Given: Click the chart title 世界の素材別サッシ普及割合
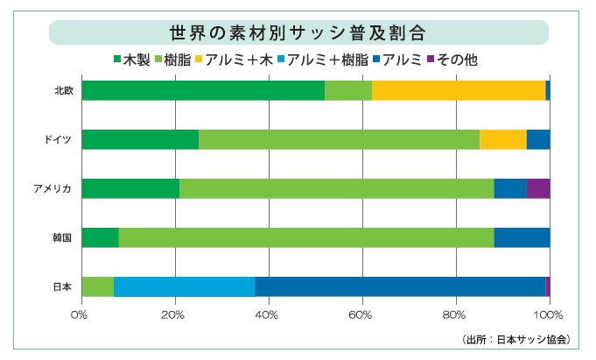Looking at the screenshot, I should (x=298, y=33).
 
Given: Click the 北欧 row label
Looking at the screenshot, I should (x=62, y=91).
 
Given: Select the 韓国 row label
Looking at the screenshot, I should (x=62, y=237).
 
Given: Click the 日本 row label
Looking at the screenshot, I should (x=62, y=286).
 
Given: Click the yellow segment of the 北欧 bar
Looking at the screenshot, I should (x=459, y=90).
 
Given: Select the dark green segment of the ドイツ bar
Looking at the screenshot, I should (x=140, y=139).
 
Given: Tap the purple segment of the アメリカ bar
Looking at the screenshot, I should (x=538, y=188).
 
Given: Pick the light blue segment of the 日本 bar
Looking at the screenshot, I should (x=184, y=286).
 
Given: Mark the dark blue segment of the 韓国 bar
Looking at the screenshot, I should (x=522, y=237).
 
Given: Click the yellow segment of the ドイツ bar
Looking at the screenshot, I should (x=503, y=139).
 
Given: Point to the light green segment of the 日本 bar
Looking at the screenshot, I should (x=97, y=286).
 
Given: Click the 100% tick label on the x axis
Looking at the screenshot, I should (x=549, y=314).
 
